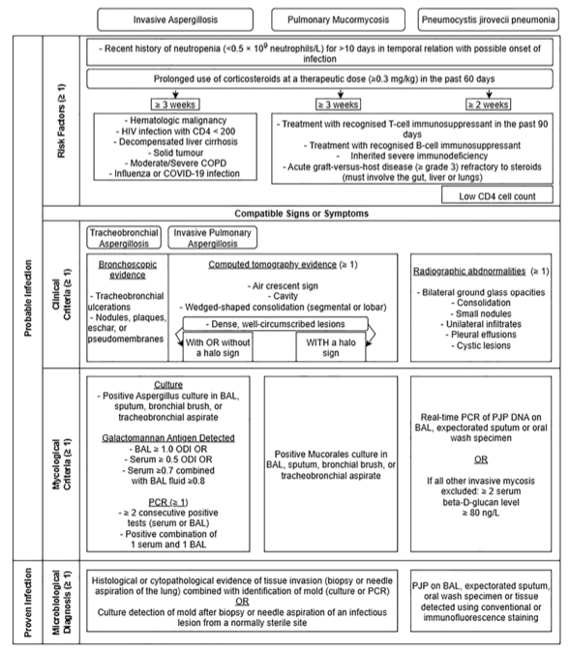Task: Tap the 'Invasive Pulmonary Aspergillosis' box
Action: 214,238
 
